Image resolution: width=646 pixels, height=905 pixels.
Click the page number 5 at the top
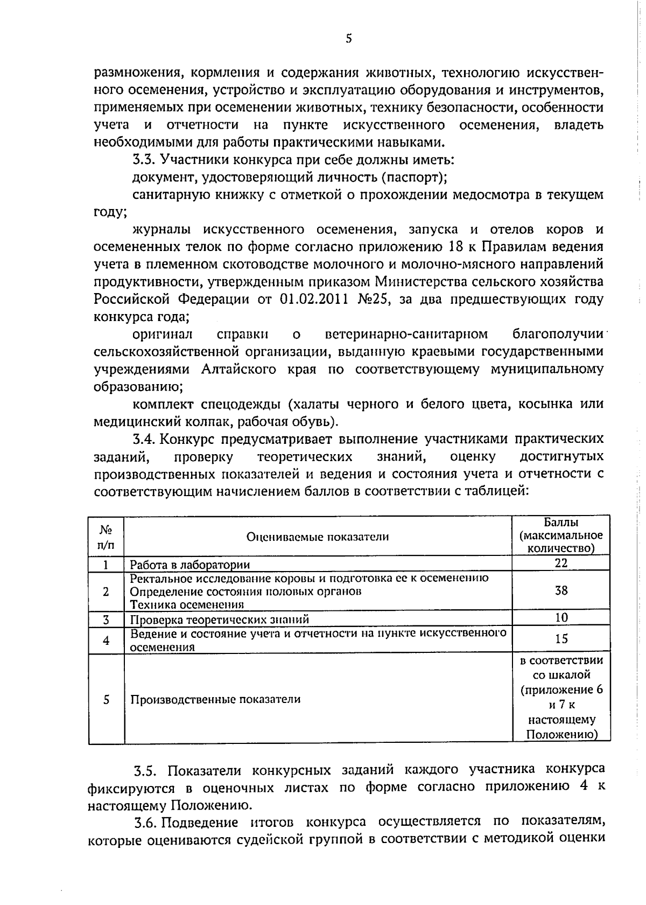(349, 38)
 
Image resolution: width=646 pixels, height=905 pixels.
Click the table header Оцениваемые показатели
(318, 537)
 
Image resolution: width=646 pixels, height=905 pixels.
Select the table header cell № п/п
(106, 537)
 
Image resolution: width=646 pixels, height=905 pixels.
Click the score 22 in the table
(561, 563)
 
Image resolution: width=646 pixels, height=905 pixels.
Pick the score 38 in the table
(561, 590)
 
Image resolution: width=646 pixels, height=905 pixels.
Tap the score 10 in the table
(561, 617)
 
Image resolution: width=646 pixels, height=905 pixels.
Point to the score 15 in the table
(561, 639)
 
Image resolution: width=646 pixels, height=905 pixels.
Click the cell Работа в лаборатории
(190, 565)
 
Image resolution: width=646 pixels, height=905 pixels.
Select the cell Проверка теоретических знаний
(220, 619)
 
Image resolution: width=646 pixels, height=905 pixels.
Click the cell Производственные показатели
(215, 699)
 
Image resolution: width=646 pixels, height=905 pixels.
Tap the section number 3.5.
(145, 769)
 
